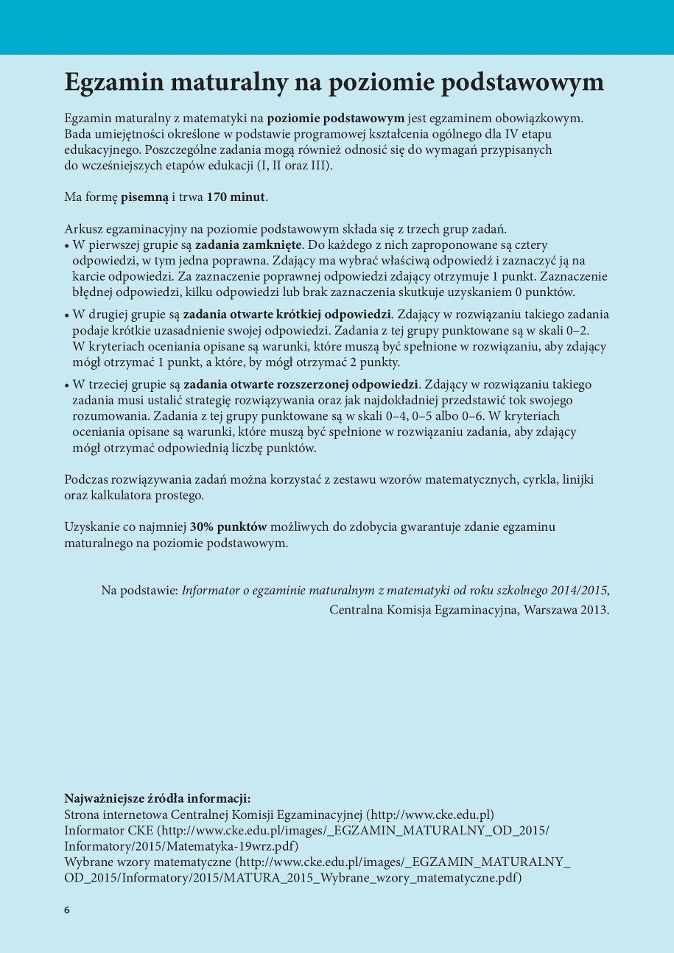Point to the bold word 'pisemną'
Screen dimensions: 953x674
(x=144, y=197)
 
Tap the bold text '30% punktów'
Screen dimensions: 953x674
(x=228, y=527)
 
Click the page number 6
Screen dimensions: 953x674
(x=67, y=910)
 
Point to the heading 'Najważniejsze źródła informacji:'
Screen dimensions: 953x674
(x=158, y=798)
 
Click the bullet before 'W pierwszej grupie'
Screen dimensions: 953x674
(x=67, y=245)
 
